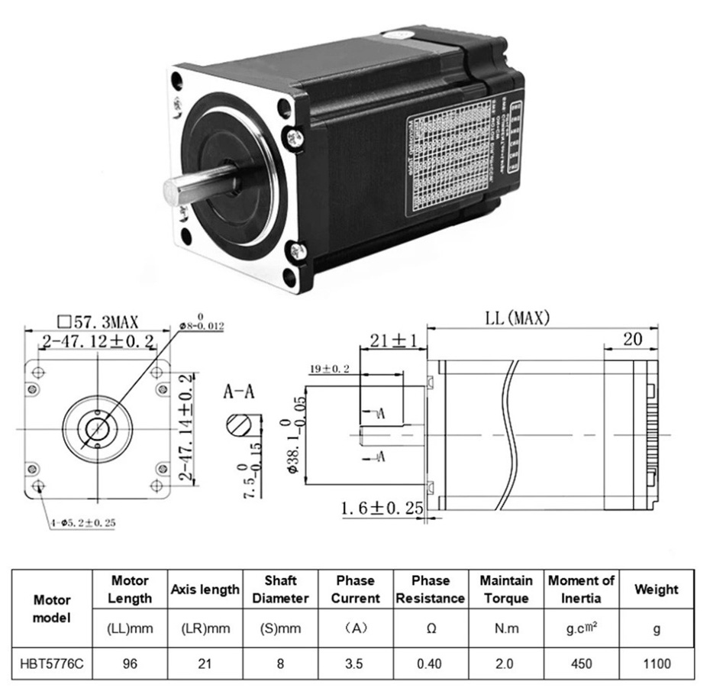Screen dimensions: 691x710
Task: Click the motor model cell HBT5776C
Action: click(x=51, y=664)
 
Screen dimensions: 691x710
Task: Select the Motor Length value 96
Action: click(x=129, y=664)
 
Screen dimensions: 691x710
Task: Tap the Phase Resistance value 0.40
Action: click(x=430, y=664)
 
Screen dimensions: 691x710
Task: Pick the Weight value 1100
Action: click(x=656, y=664)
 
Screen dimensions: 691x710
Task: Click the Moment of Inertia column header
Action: click(x=581, y=589)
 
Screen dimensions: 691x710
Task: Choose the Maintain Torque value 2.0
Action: click(x=505, y=664)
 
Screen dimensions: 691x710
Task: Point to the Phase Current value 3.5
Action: click(x=354, y=664)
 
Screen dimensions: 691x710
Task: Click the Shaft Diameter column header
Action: click(x=280, y=589)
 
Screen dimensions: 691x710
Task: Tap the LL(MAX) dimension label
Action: click(x=518, y=318)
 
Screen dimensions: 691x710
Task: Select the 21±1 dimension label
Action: click(x=392, y=341)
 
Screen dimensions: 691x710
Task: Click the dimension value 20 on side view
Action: click(x=631, y=339)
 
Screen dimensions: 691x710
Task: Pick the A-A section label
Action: click(x=238, y=393)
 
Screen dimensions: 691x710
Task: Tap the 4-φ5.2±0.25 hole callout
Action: click(x=84, y=523)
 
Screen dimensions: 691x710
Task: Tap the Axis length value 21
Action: click(x=205, y=664)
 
